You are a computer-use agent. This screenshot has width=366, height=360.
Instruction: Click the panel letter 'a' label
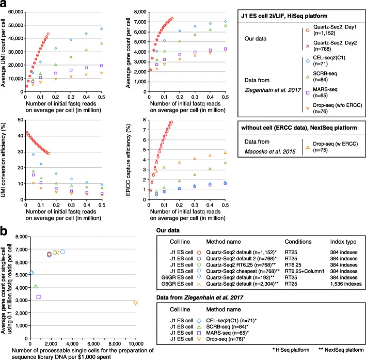[x=4, y=5]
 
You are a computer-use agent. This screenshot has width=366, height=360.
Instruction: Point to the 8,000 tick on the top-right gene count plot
[x=140, y=11]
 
